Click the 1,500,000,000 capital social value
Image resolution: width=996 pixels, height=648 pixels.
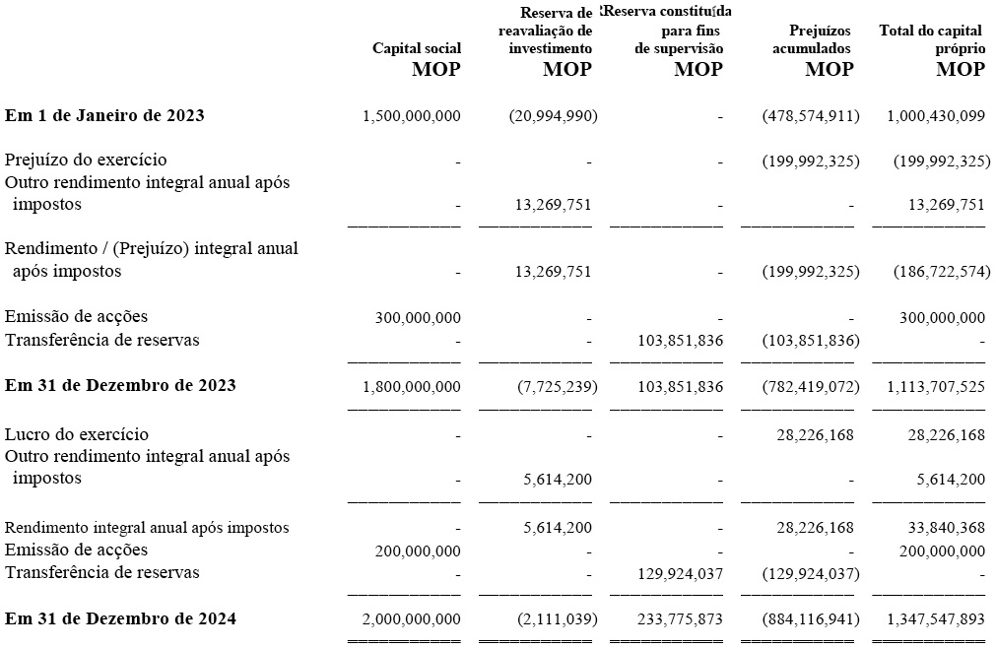[x=412, y=116]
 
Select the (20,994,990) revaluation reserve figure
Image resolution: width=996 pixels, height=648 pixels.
[x=554, y=116]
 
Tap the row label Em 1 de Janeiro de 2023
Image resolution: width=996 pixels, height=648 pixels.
[x=104, y=115]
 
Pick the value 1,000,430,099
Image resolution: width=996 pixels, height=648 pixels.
[x=936, y=116]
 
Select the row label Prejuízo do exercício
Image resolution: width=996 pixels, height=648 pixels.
[x=86, y=160]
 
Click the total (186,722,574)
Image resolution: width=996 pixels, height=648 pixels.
[x=942, y=272]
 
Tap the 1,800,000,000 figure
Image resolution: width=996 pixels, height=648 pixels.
[x=412, y=386]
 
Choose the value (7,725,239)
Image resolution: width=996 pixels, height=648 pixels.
[x=557, y=386]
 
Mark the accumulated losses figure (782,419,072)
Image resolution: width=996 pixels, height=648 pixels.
[x=811, y=386]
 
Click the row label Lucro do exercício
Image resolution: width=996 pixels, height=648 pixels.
[x=77, y=434]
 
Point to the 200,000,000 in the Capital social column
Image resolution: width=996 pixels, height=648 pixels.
[x=418, y=551]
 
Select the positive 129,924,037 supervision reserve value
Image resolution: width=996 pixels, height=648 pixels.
[x=681, y=574]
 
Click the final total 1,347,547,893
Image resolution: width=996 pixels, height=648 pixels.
[x=936, y=618]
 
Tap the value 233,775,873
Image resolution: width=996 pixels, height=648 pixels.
[x=681, y=618]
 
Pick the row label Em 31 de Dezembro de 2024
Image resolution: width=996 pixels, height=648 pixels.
[x=121, y=618]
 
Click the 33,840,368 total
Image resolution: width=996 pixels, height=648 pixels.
[x=947, y=528]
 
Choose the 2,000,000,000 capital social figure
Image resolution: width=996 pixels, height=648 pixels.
[x=412, y=618]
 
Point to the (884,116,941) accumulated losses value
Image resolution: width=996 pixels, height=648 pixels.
[x=811, y=618]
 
